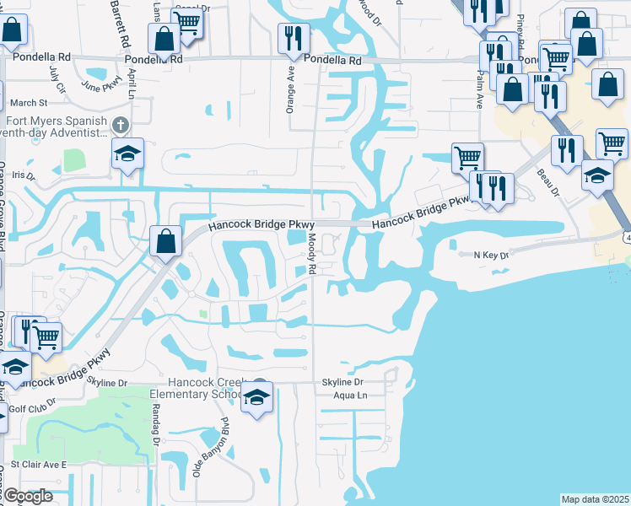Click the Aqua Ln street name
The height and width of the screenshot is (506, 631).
(x=351, y=395)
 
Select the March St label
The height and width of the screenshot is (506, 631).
(x=30, y=103)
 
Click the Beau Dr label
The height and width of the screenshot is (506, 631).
(x=548, y=183)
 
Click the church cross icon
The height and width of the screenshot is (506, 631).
(x=121, y=126)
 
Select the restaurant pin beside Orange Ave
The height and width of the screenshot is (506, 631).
(x=294, y=37)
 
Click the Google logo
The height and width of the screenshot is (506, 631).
(x=28, y=496)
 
